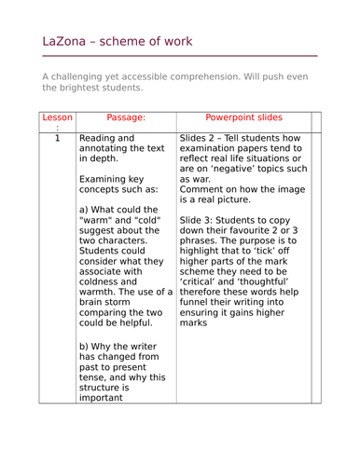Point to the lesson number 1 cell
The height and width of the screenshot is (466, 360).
point(57,139)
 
